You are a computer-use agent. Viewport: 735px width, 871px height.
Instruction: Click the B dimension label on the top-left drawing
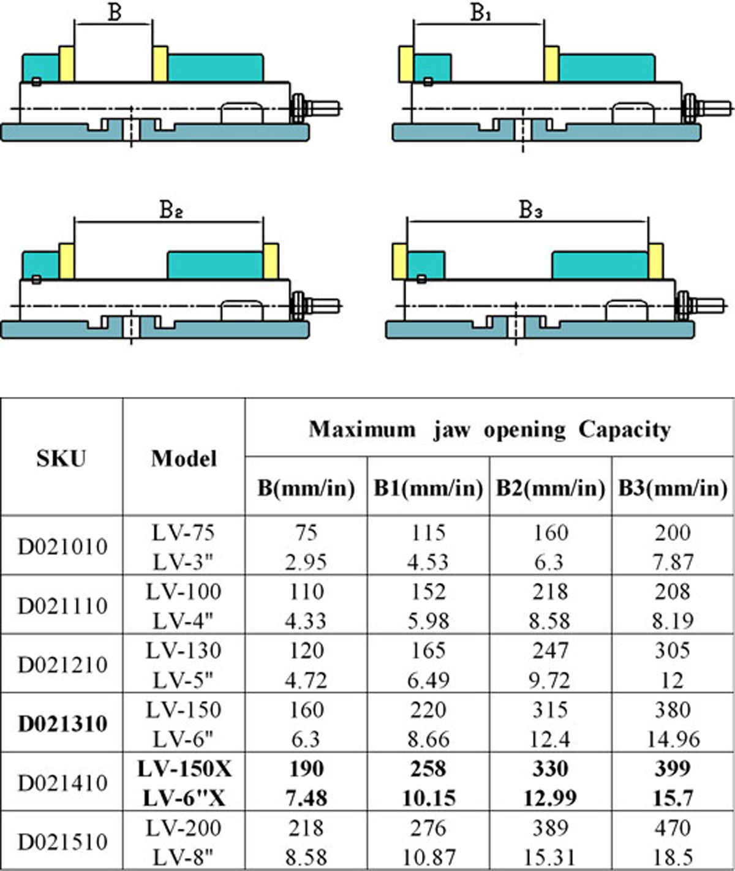point(115,12)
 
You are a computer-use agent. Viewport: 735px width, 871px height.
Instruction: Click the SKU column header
point(61,458)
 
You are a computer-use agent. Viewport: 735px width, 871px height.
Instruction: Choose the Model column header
point(184,458)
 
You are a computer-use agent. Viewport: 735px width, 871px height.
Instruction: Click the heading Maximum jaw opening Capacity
point(489,429)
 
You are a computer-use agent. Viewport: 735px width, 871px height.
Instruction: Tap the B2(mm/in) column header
point(550,488)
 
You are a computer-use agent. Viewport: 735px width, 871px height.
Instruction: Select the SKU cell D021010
point(62,546)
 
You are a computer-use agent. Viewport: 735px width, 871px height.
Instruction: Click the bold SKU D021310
point(62,723)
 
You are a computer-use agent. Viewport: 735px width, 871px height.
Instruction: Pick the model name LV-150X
point(184,768)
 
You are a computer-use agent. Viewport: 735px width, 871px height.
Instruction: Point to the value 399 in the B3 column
point(673,768)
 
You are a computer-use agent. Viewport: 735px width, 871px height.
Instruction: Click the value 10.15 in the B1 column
point(428,798)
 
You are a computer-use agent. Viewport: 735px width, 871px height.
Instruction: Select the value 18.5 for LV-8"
point(673,856)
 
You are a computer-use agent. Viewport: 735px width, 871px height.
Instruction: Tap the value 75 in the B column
point(306,532)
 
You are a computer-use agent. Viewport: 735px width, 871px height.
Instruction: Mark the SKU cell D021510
point(62,842)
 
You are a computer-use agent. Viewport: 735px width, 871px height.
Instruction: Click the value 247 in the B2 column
point(550,650)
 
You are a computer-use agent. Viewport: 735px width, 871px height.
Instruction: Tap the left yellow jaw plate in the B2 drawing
point(67,261)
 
